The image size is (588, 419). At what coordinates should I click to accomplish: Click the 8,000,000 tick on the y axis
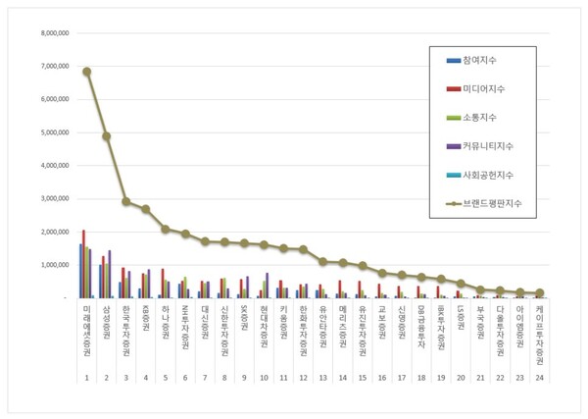click(52, 33)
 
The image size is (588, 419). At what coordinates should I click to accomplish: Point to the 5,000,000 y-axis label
click(52, 132)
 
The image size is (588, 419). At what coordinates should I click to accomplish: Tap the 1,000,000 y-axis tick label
click(52, 265)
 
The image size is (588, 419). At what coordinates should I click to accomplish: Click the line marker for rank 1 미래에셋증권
click(87, 72)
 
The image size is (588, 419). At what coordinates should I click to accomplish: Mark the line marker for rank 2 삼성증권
click(107, 136)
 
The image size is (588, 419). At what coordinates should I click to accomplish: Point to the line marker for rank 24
click(540, 292)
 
